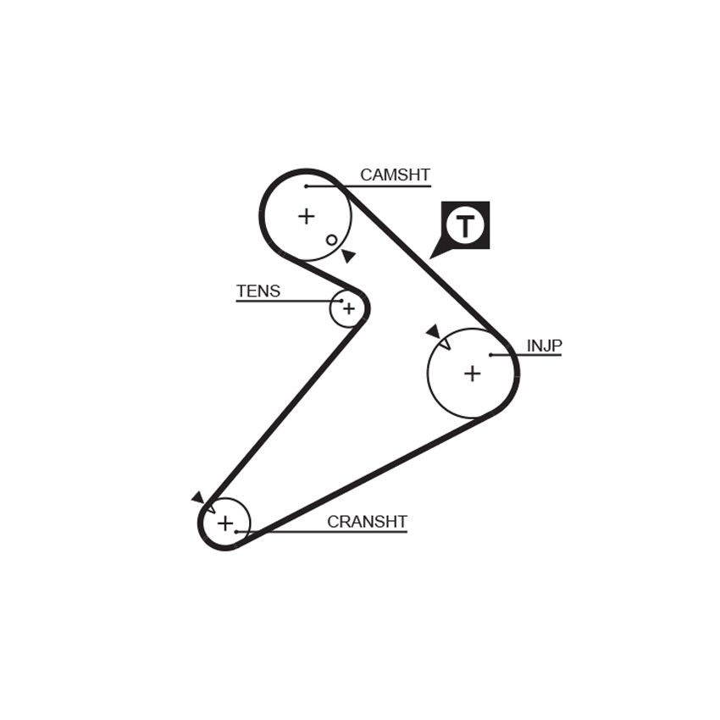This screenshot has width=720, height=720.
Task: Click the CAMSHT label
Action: [x=395, y=175]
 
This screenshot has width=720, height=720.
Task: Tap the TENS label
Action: [x=258, y=291]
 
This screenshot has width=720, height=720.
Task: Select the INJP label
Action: [x=544, y=346]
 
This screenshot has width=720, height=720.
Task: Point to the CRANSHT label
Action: [x=367, y=522]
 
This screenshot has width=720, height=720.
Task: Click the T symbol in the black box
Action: [x=466, y=226]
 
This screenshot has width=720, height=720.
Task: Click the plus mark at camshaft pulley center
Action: [x=307, y=216]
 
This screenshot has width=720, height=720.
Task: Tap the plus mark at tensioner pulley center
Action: [x=349, y=308]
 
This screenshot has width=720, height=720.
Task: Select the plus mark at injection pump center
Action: [x=472, y=374]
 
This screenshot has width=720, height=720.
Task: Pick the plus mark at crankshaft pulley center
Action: [x=225, y=523]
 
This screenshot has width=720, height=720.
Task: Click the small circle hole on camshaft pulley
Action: [x=331, y=241]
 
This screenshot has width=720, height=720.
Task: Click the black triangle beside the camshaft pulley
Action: [x=349, y=256]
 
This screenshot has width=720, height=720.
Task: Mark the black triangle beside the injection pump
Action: [x=433, y=331]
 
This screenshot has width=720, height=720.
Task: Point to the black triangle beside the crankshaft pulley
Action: [x=198, y=497]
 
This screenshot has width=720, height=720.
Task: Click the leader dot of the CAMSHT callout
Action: [x=306, y=186]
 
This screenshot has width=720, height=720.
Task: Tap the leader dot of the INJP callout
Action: [x=490, y=355]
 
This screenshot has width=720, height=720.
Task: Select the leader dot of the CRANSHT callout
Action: [x=236, y=532]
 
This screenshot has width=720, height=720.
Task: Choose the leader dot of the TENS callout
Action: [x=342, y=302]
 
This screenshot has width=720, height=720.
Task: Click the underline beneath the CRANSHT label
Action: [x=321, y=532]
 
